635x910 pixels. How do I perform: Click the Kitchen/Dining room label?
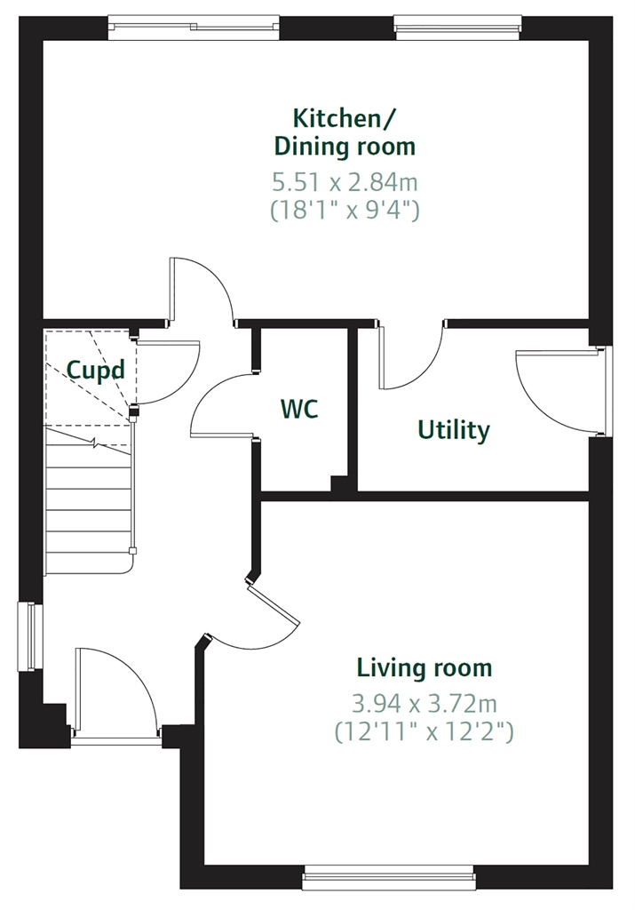[x=345, y=132]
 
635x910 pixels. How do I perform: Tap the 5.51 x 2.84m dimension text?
[x=345, y=183]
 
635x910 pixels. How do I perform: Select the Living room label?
[x=425, y=668]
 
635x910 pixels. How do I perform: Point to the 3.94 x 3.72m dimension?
[x=425, y=704]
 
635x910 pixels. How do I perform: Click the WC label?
[x=299, y=409]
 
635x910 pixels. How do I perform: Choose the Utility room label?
[x=454, y=431]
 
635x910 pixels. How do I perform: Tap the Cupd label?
[x=96, y=371]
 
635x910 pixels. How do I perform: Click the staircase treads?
[x=89, y=500]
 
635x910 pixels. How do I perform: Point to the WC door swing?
[x=223, y=404]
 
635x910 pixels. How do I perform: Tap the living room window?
[x=388, y=877]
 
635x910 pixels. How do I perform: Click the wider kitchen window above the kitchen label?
[x=194, y=28]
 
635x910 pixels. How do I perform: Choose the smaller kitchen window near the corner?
[x=457, y=28]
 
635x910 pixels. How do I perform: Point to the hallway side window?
[x=30, y=636]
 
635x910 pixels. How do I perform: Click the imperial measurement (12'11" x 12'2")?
[x=425, y=732]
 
